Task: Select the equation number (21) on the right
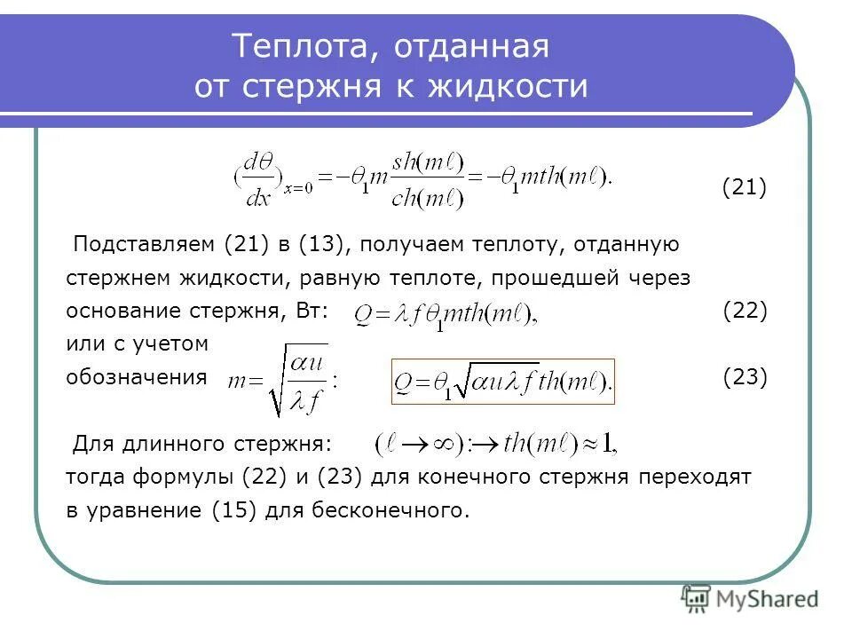(744, 187)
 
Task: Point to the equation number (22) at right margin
(744, 311)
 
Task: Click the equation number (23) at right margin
(744, 376)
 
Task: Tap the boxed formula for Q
(503, 383)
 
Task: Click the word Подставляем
(145, 244)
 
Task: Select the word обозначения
(136, 376)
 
